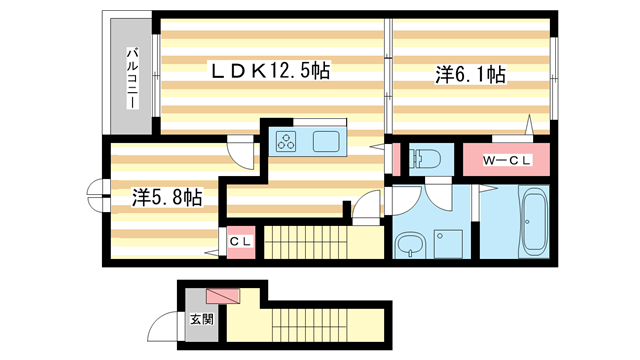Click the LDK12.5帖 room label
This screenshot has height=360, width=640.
coord(269,71)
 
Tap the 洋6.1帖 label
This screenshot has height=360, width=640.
coord(469,74)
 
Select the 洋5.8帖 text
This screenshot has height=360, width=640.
coord(167,196)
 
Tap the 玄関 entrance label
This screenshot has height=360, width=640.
coord(201,320)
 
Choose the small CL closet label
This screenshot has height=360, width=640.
coord(240,241)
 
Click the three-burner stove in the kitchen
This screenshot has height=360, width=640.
coord(288,141)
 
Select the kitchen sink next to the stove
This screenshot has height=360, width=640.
coord(327,141)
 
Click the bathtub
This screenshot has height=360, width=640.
coord(532,223)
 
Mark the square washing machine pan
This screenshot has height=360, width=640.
coord(444,243)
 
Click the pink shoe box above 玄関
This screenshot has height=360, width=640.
coord(223,297)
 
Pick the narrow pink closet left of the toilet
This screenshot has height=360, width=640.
coord(392,159)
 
